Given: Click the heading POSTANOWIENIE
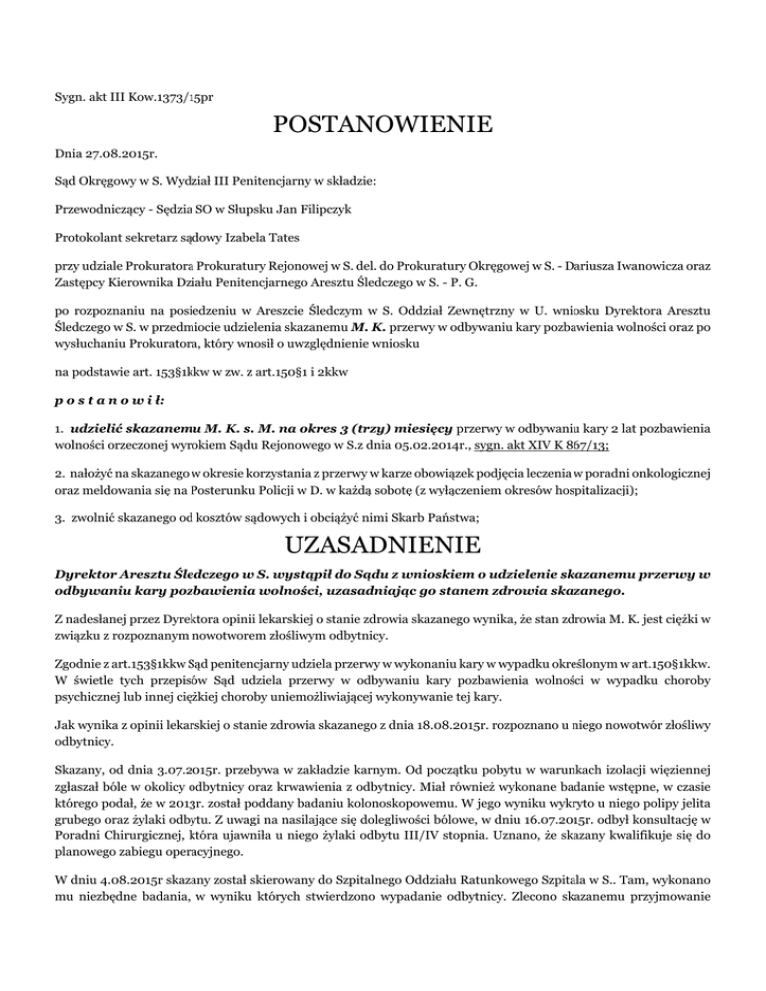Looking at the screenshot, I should (382, 126).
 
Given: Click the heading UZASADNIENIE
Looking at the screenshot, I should (382, 547).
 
